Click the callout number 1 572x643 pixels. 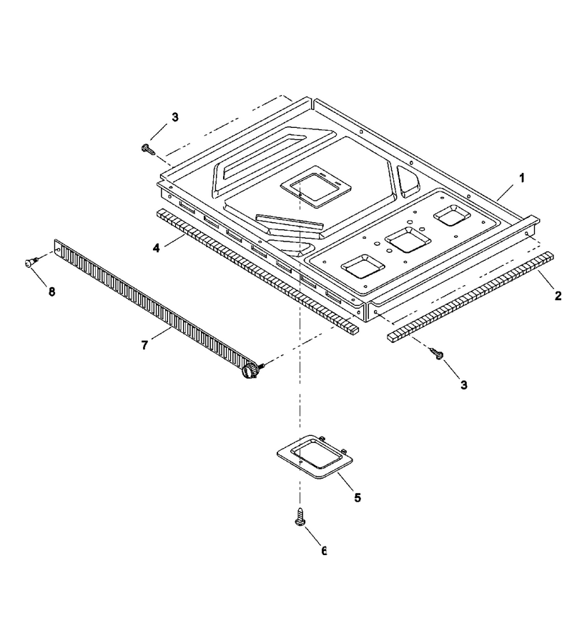[x=521, y=179]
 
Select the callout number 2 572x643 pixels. [x=558, y=295]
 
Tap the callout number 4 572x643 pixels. [x=157, y=248]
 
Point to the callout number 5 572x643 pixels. [x=357, y=497]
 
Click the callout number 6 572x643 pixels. [x=324, y=551]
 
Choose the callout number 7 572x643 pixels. [x=144, y=346]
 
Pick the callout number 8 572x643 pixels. [x=51, y=292]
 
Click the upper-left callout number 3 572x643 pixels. [x=175, y=117]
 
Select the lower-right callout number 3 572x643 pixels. [x=463, y=385]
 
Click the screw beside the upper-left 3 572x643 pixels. [x=149, y=149]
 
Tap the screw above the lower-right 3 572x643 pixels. [x=437, y=354]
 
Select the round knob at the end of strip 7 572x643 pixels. [x=249, y=369]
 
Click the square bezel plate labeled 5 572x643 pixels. [x=315, y=456]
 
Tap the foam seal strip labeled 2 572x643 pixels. [x=470, y=297]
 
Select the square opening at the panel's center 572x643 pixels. [x=316, y=186]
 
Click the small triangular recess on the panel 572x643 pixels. [x=408, y=181]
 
